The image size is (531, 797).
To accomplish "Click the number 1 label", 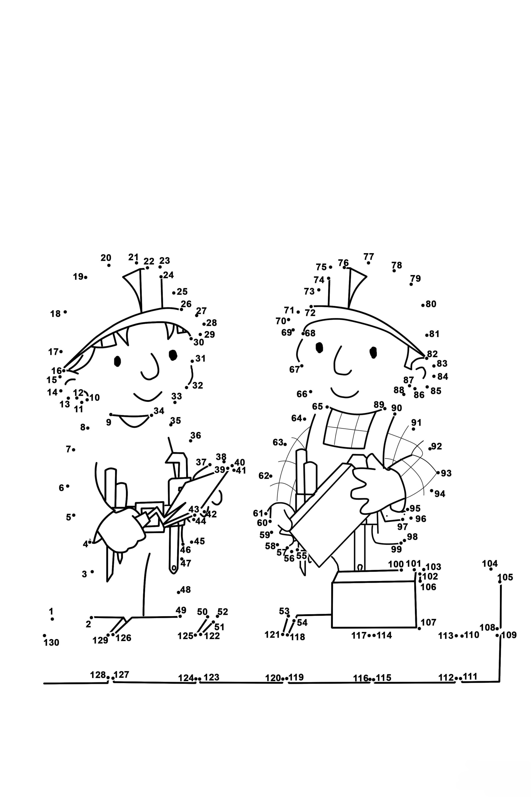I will (x=51, y=611).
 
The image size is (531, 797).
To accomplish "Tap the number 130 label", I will (x=51, y=642).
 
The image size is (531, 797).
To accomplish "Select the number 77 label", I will (x=368, y=257).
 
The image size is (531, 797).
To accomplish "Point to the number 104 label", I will (x=490, y=564).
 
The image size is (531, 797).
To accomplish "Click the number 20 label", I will (x=106, y=258).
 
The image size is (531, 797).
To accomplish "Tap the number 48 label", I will (x=186, y=590).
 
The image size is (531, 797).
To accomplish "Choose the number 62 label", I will (x=264, y=476).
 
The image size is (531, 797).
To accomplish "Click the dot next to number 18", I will (x=65, y=312).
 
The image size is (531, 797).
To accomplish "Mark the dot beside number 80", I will (x=423, y=305).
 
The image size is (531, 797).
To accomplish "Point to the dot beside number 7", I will (x=74, y=450).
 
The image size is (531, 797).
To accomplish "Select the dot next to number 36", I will (x=191, y=441).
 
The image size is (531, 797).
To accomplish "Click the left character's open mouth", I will (x=134, y=421).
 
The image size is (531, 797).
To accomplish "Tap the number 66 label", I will (x=302, y=394).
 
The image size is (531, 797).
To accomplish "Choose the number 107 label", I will (x=428, y=622).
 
